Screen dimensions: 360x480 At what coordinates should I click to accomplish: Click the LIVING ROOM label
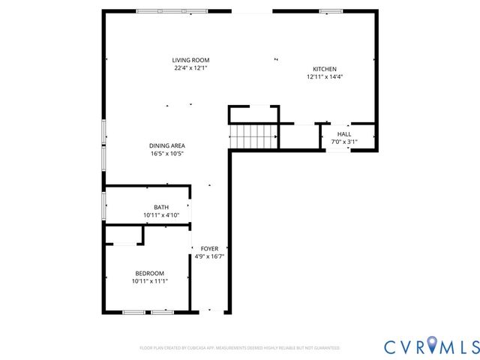tap(190, 60)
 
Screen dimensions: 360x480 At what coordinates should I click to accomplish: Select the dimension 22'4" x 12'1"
tap(190, 68)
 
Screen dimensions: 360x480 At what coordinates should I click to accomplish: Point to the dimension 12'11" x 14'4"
tap(325, 76)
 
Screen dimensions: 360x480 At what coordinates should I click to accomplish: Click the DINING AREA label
tap(166, 145)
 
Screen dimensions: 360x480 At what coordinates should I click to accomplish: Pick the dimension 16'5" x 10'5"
tap(166, 154)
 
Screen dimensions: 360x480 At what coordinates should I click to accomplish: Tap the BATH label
tap(161, 207)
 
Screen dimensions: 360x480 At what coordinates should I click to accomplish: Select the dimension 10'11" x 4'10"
tap(161, 215)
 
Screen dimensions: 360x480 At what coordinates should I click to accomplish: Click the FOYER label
tap(209, 248)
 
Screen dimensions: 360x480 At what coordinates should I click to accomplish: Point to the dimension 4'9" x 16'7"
tap(209, 256)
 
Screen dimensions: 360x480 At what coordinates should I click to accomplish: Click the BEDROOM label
tap(150, 273)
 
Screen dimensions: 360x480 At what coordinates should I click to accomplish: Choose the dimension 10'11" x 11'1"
tap(150, 281)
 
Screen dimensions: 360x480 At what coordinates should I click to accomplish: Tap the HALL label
tap(343, 133)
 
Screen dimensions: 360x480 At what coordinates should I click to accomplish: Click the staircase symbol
tap(253, 137)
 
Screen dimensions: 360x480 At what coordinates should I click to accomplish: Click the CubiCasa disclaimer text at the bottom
tap(239, 348)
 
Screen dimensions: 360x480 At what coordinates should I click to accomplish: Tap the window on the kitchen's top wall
tap(330, 11)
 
